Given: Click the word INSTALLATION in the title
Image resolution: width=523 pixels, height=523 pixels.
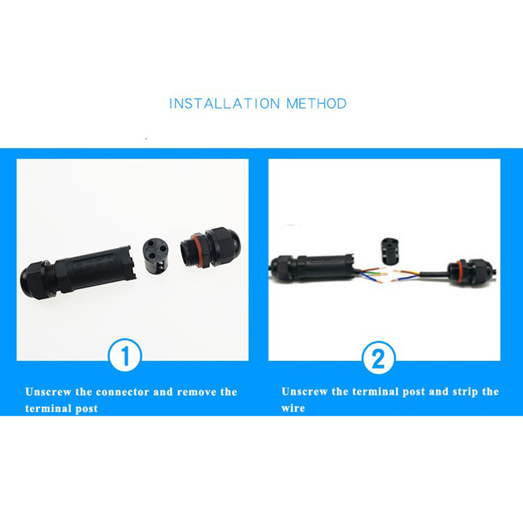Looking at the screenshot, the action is coord(224,103).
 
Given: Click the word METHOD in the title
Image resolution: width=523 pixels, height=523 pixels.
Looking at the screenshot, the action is coord(316,103).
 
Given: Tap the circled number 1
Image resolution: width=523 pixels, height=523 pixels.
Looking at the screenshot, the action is coord(125,355).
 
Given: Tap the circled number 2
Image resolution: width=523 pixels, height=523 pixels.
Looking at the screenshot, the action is coord(379,358).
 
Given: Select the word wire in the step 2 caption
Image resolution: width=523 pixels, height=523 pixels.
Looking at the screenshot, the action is coord(293,408).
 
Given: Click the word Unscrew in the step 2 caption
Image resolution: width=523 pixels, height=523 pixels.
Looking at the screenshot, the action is coord(305,391).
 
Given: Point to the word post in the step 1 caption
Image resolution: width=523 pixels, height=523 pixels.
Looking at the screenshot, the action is coord(86,409).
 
